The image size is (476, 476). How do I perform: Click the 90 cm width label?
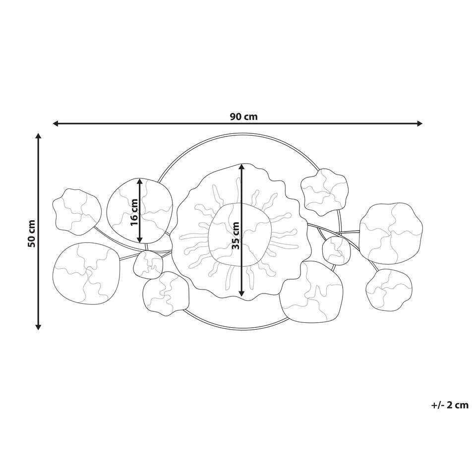pos(243,117)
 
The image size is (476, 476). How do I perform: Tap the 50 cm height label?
pos(32,233)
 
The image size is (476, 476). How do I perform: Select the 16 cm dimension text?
pos(134,212)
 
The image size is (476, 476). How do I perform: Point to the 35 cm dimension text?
pos(236,236)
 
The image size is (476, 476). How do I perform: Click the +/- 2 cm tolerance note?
pos(450,405)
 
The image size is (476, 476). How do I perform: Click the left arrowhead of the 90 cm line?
pos(56,123)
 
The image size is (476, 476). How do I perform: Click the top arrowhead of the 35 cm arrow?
pos(241,167)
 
